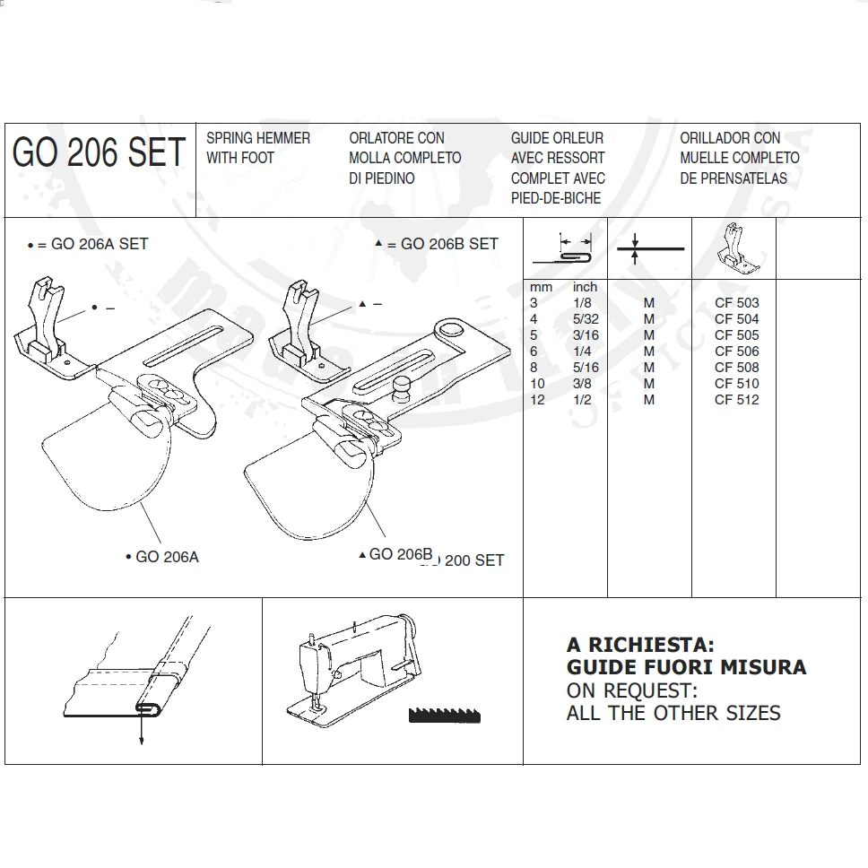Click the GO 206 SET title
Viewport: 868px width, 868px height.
(x=99, y=152)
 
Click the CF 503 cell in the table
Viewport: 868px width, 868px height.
(x=736, y=303)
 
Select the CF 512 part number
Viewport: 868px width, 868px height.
(x=736, y=400)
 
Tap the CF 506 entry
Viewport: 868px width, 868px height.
(x=736, y=352)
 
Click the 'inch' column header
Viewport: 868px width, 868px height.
(x=585, y=287)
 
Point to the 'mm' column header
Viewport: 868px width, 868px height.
(x=541, y=287)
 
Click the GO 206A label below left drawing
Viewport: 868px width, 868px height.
(x=166, y=557)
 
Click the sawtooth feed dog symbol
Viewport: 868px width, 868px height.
(x=444, y=715)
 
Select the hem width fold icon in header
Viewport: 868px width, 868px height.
(x=565, y=248)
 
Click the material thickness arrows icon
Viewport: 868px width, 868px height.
(x=649, y=247)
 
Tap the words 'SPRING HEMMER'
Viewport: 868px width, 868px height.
(x=258, y=138)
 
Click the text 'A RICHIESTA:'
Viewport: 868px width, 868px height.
(x=640, y=645)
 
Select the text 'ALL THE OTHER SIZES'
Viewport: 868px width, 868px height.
(x=673, y=714)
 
